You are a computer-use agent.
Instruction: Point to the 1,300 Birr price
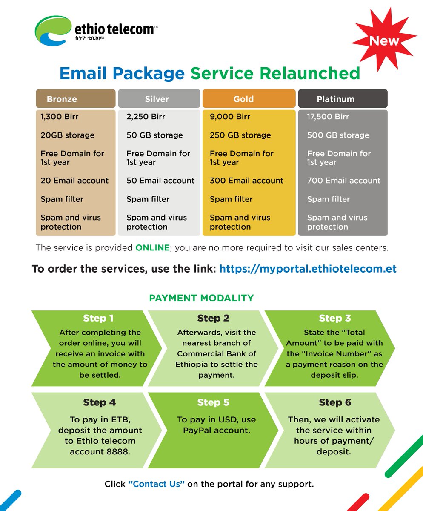60,117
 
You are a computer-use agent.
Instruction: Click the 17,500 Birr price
328,117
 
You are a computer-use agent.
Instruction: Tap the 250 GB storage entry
240,135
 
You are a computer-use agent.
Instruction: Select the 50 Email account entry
160,181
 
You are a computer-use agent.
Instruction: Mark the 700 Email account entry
344,181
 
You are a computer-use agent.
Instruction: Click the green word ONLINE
152,248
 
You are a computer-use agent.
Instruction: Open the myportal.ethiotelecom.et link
308,269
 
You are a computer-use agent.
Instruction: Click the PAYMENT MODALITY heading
201,298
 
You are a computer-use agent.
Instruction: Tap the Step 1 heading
98,319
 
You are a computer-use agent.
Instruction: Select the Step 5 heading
213,403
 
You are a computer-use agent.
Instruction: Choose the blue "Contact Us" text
156,484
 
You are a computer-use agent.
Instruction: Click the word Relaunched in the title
309,74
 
